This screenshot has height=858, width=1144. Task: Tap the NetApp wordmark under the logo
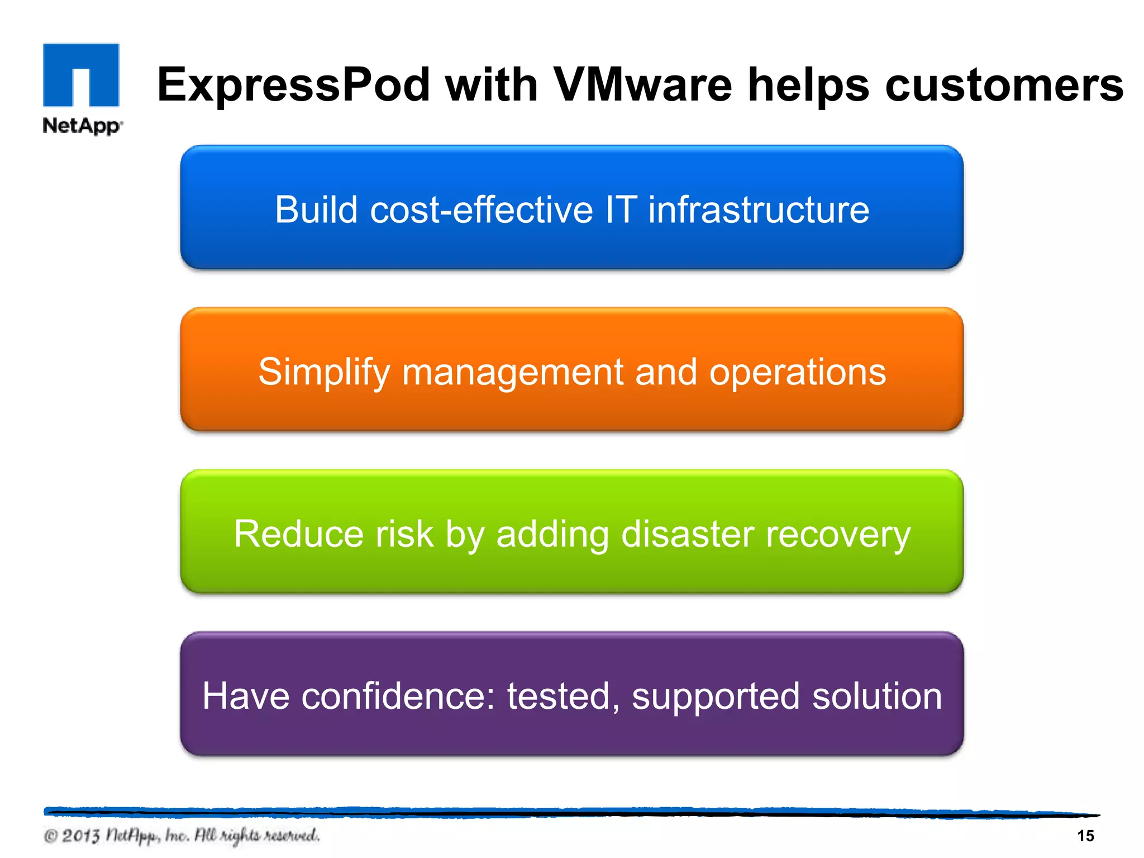click(82, 126)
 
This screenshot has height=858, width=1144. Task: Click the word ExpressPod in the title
click(293, 85)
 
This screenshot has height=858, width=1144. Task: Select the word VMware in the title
click(642, 85)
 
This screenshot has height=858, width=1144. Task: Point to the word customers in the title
click(1004, 85)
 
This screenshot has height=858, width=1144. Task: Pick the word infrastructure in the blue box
click(759, 209)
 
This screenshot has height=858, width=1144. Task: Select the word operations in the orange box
click(797, 371)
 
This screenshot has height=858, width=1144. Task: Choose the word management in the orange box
click(513, 373)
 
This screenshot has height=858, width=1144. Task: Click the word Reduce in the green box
click(298, 533)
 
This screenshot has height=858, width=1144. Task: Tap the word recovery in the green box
click(838, 535)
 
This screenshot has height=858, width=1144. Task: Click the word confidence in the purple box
click(398, 696)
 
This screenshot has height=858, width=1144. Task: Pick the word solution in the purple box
click(876, 696)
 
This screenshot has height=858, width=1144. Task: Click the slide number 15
click(1085, 836)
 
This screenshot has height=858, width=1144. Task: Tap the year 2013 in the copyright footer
click(80, 836)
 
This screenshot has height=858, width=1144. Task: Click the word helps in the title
click(808, 85)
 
